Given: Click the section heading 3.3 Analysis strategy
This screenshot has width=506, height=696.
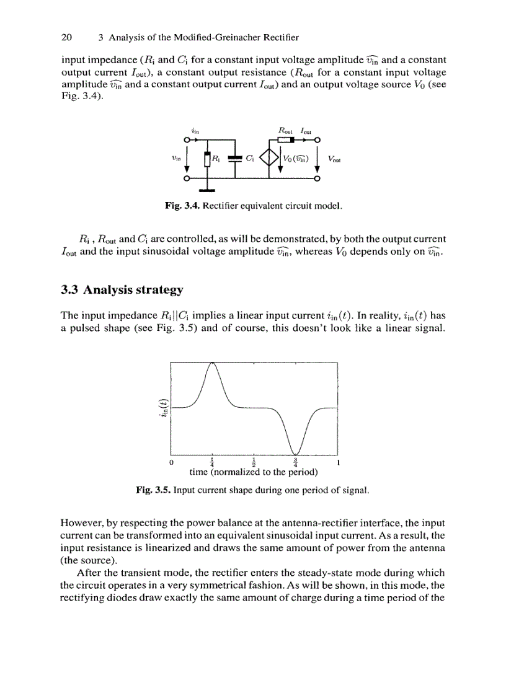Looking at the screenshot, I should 122,289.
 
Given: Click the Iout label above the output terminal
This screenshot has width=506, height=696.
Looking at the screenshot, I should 306,131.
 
